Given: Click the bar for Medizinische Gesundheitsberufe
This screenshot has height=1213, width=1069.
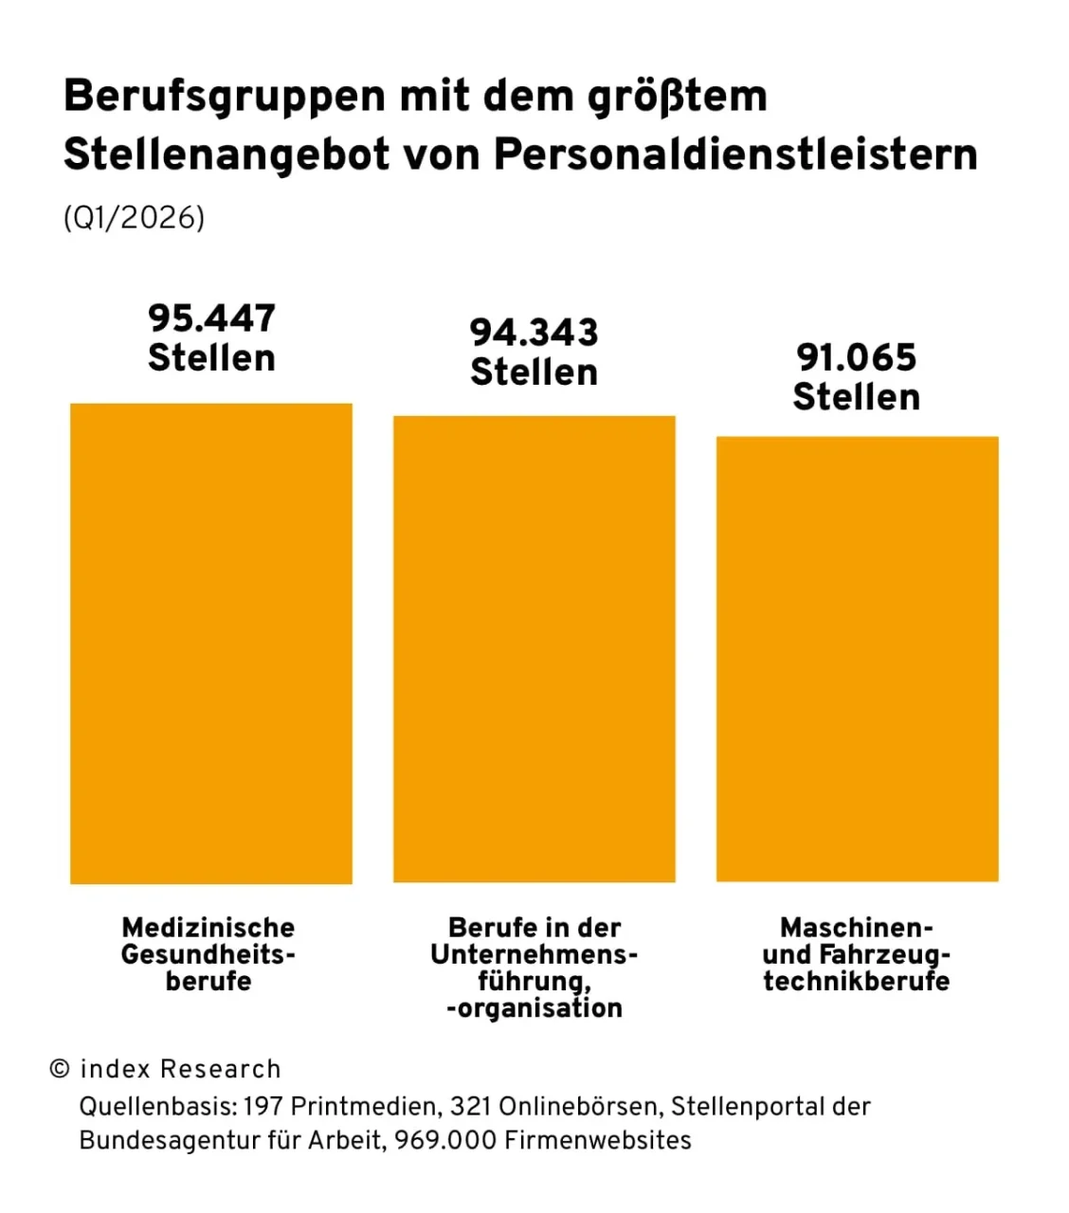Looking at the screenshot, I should (210, 644).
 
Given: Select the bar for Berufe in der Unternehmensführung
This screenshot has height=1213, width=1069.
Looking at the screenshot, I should (534, 649).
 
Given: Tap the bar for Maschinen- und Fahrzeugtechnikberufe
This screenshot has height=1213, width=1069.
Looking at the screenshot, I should (857, 659).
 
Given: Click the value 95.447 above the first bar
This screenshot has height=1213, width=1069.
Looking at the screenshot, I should (211, 318).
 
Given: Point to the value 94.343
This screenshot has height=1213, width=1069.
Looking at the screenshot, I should (534, 333).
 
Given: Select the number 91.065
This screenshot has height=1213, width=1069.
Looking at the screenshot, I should (856, 358).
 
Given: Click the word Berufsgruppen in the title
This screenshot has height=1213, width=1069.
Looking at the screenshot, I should (225, 97).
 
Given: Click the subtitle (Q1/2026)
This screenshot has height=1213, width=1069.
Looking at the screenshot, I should (134, 218).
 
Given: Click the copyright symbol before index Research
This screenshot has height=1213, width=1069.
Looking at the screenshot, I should (60, 1069).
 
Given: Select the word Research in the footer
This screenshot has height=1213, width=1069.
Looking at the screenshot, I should (221, 1069).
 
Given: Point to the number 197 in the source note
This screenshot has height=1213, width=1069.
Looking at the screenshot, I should (263, 1106).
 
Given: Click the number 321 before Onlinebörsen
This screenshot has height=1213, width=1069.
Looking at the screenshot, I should (470, 1106).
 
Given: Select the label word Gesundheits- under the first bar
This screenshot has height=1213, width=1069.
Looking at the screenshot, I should (208, 954).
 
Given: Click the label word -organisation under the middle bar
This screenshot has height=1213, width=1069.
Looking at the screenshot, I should (534, 1008).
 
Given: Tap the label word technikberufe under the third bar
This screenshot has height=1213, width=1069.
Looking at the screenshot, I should (856, 981).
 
